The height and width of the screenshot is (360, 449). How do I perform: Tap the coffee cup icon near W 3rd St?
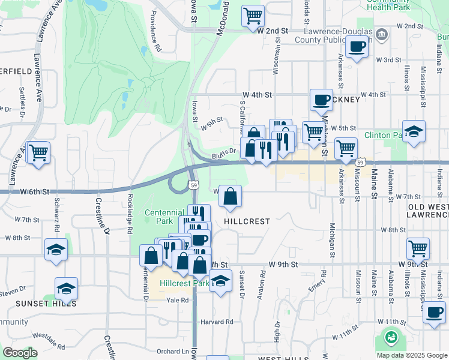[357, 46]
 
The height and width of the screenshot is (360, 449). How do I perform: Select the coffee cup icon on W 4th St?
[321, 100]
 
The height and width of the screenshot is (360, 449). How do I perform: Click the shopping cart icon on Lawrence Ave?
[38, 152]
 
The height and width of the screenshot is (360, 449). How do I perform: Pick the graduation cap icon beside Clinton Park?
[414, 131]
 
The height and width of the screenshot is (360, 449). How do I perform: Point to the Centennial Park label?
[164, 217]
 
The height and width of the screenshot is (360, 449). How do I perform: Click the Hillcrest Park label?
[184, 283]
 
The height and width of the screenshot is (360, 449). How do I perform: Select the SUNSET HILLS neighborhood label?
[46, 304]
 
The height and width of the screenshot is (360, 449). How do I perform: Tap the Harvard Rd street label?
[217, 322]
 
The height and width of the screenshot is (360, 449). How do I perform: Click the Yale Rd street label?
[178, 300]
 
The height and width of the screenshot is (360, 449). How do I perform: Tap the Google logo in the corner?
[20, 353]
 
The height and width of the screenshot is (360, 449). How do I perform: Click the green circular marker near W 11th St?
[391, 337]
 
